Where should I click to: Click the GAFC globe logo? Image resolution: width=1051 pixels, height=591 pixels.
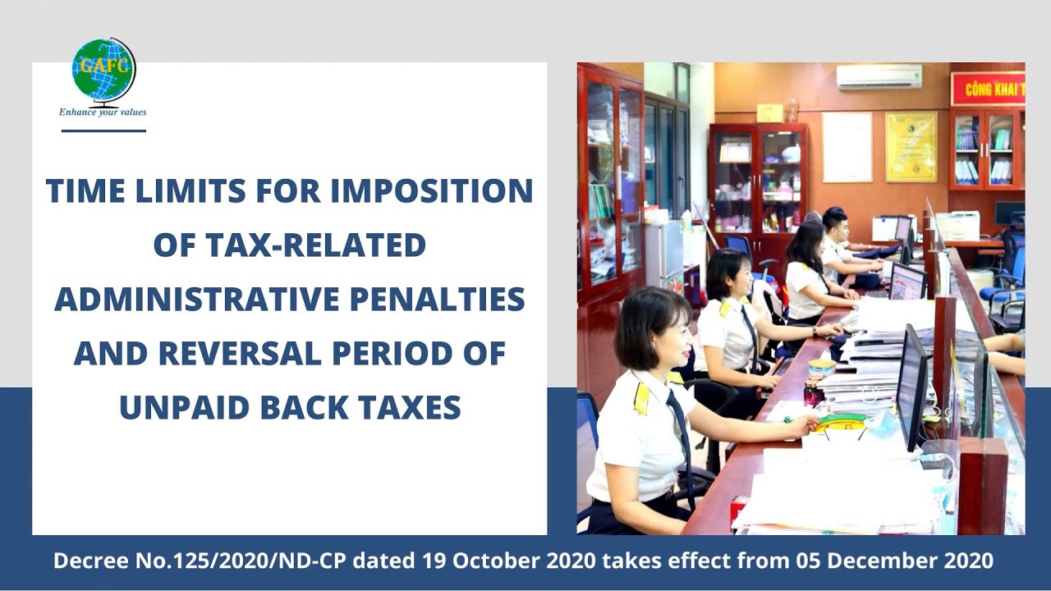(103, 71)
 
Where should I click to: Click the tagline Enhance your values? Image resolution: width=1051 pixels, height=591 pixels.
(103, 112)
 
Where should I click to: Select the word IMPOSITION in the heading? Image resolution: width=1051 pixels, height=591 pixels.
(432, 191)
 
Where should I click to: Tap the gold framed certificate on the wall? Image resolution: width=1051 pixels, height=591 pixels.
(911, 146)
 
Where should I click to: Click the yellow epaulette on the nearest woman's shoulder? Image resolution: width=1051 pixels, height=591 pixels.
(641, 398)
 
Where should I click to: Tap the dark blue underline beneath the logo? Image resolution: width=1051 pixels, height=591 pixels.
(103, 131)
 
